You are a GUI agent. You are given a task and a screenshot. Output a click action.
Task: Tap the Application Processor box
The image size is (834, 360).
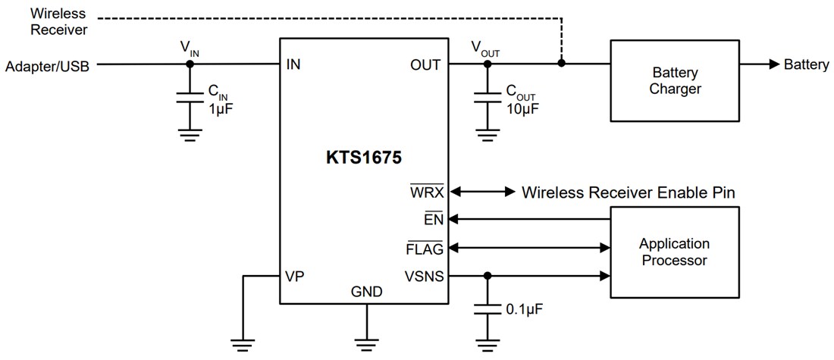[x=674, y=252]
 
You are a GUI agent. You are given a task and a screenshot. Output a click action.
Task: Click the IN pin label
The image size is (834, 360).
[x=293, y=65]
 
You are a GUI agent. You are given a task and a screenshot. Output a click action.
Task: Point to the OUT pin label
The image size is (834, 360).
[x=425, y=65]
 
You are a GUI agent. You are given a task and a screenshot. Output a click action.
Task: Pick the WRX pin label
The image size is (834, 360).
[x=428, y=193]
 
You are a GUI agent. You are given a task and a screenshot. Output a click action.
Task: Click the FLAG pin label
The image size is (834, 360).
[x=425, y=248]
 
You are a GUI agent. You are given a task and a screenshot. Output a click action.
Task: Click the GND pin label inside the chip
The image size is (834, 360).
[x=366, y=292]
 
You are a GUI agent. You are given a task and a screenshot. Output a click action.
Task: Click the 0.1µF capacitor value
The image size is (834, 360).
[x=525, y=309]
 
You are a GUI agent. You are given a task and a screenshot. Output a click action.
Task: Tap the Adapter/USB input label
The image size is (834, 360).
[x=47, y=67]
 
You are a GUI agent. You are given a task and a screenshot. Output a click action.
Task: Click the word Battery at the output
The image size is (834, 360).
[x=806, y=65]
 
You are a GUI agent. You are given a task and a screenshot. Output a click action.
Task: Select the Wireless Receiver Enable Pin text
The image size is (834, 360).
[x=628, y=193]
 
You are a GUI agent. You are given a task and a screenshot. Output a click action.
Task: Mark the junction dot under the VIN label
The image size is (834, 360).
[x=190, y=64]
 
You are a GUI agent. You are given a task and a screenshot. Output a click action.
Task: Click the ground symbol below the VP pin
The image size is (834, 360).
[x=243, y=346]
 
